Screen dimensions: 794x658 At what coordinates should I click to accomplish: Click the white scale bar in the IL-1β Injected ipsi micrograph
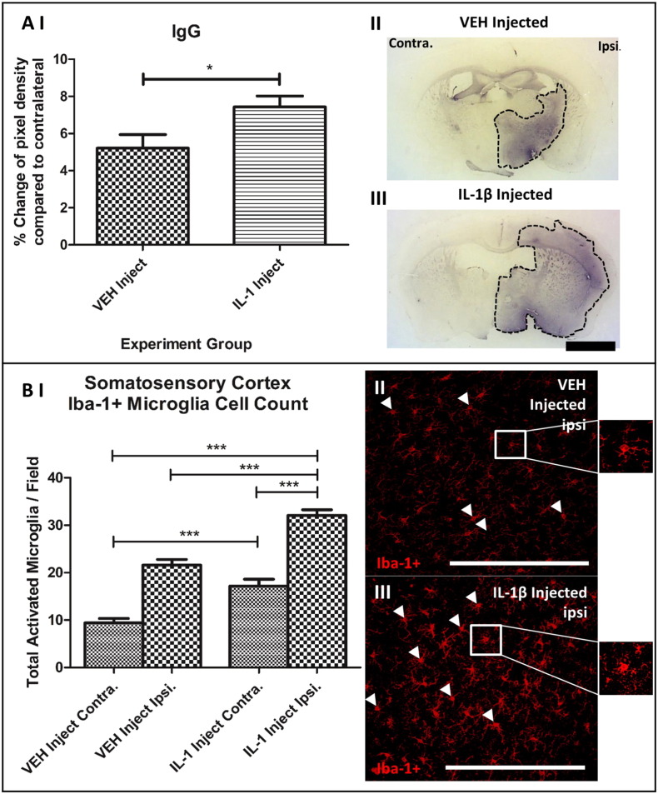[515, 766]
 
